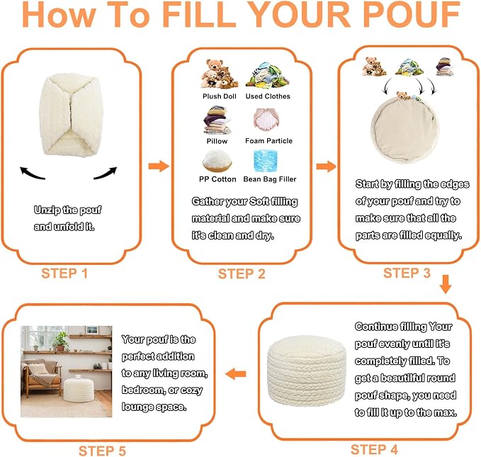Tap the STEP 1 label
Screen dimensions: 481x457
point(64,273)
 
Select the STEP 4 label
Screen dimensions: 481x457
point(374,450)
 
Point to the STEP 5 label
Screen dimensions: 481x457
point(102,451)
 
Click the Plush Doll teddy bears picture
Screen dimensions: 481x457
point(219,74)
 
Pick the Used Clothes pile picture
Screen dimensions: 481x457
point(267,75)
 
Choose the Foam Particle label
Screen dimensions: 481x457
point(268,141)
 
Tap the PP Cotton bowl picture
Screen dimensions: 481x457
point(217,161)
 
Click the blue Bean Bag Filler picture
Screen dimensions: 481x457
point(266,161)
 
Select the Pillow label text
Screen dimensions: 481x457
point(217,141)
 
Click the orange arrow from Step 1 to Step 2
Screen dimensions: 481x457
point(159,166)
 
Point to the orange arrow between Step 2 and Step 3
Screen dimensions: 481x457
point(327,167)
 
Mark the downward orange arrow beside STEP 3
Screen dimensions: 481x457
point(446,284)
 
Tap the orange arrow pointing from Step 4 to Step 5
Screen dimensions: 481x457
point(236,374)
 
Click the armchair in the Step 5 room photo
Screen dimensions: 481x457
point(41,377)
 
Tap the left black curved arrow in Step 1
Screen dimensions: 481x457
point(32,174)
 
